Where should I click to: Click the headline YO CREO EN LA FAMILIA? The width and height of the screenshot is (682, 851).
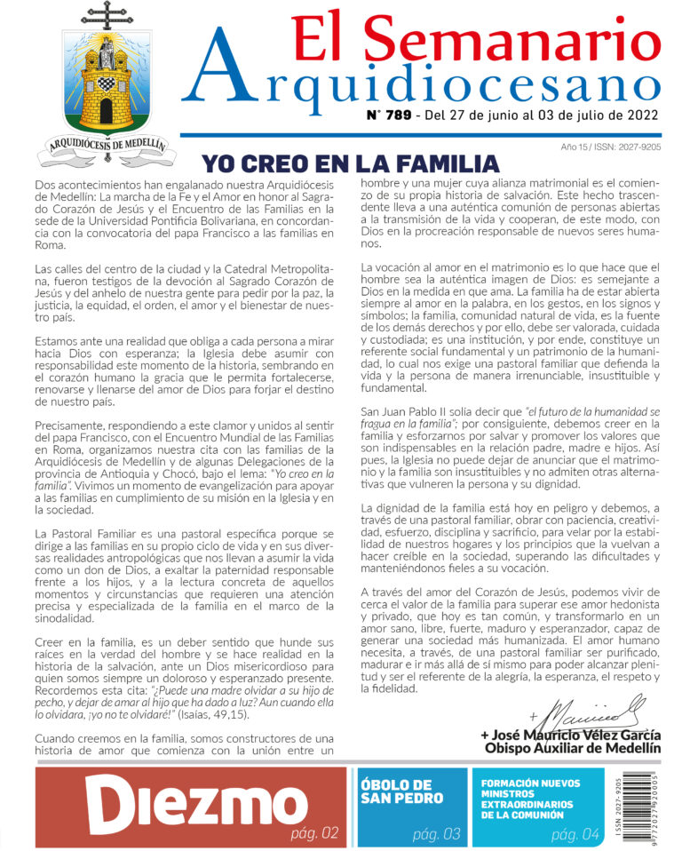(350, 164)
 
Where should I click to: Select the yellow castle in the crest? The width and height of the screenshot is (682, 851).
(106, 85)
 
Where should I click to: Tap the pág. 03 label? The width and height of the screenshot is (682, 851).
(436, 834)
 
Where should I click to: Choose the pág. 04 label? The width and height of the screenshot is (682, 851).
(575, 834)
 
